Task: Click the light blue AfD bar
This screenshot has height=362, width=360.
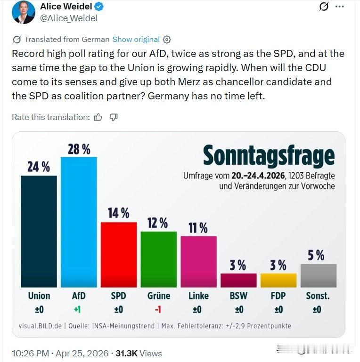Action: pyautogui.click(x=79, y=222)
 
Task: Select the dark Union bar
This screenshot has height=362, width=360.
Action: pyautogui.click(x=39, y=231)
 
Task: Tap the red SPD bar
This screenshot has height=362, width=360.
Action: pyautogui.click(x=119, y=254)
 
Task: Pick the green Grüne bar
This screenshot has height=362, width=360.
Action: pyautogui.click(x=159, y=259)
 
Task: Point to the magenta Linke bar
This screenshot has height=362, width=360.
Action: pyautogui.click(x=198, y=261)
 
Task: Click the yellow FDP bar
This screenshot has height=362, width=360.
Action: pyautogui.click(x=278, y=280)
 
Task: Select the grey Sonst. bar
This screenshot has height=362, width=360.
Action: pyautogui.click(x=318, y=275)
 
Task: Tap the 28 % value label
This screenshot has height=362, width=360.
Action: pyautogui.click(x=79, y=149)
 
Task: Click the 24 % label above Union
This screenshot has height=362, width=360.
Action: pyautogui.click(x=39, y=167)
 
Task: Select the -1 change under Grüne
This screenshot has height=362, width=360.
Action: pyautogui.click(x=158, y=310)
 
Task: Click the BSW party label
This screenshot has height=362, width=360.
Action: pyautogui.click(x=238, y=296)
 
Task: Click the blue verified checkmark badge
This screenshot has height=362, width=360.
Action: pyautogui.click(x=99, y=7)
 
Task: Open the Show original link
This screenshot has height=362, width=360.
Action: pyautogui.click(x=136, y=40)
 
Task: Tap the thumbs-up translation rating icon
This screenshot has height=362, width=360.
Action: pyautogui.click(x=98, y=117)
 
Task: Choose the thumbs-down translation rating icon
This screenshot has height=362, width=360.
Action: pyautogui.click(x=114, y=117)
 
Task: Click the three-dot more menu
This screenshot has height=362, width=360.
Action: pyautogui.click(x=340, y=7)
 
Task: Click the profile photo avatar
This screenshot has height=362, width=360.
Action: pyautogui.click(x=24, y=12)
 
